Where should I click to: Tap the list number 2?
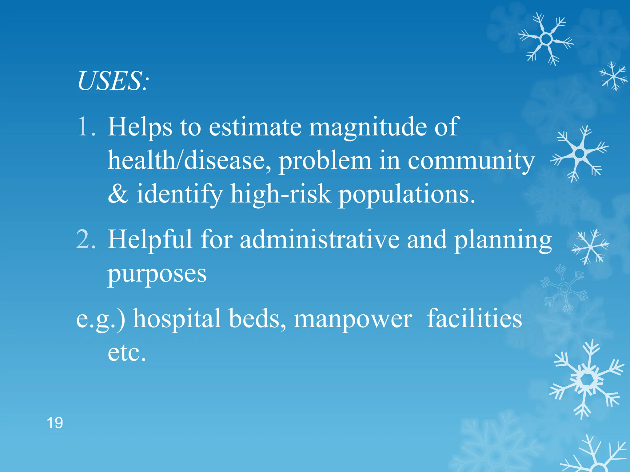click(86, 239)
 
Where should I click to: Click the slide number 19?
click(55, 423)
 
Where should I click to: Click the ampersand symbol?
click(118, 194)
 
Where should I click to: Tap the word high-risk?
click(281, 194)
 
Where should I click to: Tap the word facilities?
click(474, 318)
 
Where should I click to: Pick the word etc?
click(127, 352)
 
